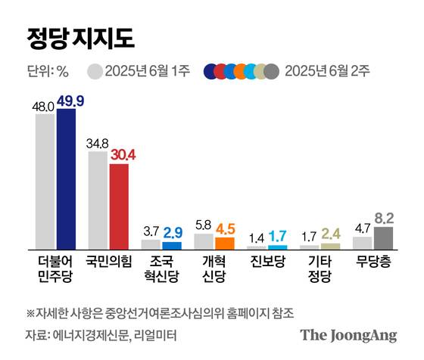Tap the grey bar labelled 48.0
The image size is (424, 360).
(45, 182)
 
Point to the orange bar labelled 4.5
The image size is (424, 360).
(225, 244)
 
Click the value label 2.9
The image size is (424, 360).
(173, 231)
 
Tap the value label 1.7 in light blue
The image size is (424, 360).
(278, 235)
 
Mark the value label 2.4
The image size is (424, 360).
(331, 233)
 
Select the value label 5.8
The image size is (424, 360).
(204, 224)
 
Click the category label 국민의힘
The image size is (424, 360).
(109, 262)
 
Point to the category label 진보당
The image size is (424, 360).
(267, 262)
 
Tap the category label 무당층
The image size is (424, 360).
(373, 262)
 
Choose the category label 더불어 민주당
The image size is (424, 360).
(56, 269)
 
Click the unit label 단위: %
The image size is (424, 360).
(48, 72)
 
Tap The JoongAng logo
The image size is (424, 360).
(348, 335)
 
